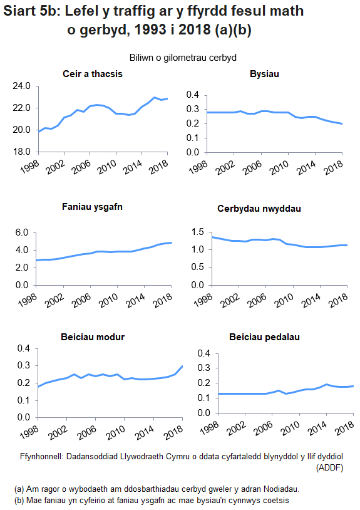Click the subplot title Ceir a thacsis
coord(92,74)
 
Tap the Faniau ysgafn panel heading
coord(92,207)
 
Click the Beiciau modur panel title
coord(93,336)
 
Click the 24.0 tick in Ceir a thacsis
coord(22,86)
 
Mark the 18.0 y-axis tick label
coord(22,152)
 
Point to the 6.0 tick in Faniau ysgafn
coord(23,232)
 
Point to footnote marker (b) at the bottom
coord(19,500)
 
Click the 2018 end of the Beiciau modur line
coord(182,366)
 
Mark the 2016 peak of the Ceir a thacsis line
coord(154,97)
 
